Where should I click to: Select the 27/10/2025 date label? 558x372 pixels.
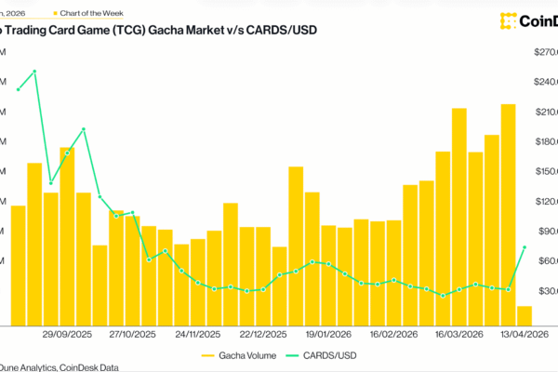(x=133, y=333)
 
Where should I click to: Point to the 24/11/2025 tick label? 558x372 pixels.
(x=198, y=333)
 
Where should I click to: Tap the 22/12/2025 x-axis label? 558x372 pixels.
(x=263, y=333)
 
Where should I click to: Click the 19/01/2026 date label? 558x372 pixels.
(x=327, y=333)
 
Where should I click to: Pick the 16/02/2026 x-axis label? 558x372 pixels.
(x=392, y=333)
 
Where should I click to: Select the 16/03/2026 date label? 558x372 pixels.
(x=458, y=333)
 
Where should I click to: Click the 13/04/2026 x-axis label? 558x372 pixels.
(x=522, y=333)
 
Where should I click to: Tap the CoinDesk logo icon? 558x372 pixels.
(x=509, y=20)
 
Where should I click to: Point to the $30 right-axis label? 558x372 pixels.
(x=544, y=291)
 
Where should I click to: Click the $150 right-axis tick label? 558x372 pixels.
(x=544, y=171)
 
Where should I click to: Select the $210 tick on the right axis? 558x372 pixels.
(x=544, y=112)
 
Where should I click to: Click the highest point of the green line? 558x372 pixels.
(x=34, y=71)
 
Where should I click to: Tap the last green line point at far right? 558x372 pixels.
(x=525, y=246)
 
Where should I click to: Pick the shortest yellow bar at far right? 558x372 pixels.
(x=525, y=316)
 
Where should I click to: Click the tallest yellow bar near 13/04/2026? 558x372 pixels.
(x=509, y=214)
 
